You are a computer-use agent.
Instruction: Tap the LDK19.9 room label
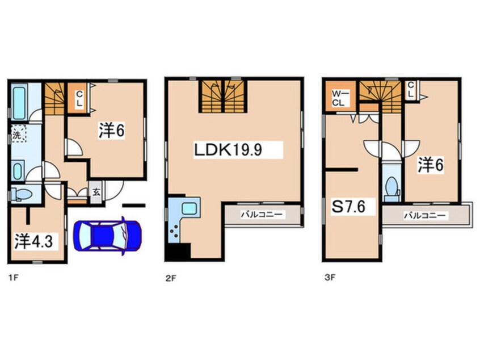pyautogui.click(x=228, y=150)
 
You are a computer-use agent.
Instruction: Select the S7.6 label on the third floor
pyautogui.click(x=349, y=207)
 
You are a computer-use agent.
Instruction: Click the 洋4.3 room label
pyautogui.click(x=33, y=241)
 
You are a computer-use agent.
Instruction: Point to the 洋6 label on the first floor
pyautogui.click(x=111, y=131)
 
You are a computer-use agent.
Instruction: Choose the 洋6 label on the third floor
pyautogui.click(x=431, y=165)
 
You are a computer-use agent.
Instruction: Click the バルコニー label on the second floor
pyautogui.click(x=261, y=215)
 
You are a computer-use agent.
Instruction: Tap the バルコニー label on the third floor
pyautogui.click(x=424, y=216)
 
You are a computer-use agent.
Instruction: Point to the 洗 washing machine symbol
pyautogui.click(x=18, y=135)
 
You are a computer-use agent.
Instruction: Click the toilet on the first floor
pyautogui.click(x=22, y=194)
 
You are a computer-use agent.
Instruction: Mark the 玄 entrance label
pyautogui.click(x=96, y=193)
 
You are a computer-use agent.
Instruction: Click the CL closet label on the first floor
pyautogui.click(x=79, y=99)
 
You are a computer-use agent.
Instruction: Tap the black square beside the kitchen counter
pyautogui.click(x=178, y=253)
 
